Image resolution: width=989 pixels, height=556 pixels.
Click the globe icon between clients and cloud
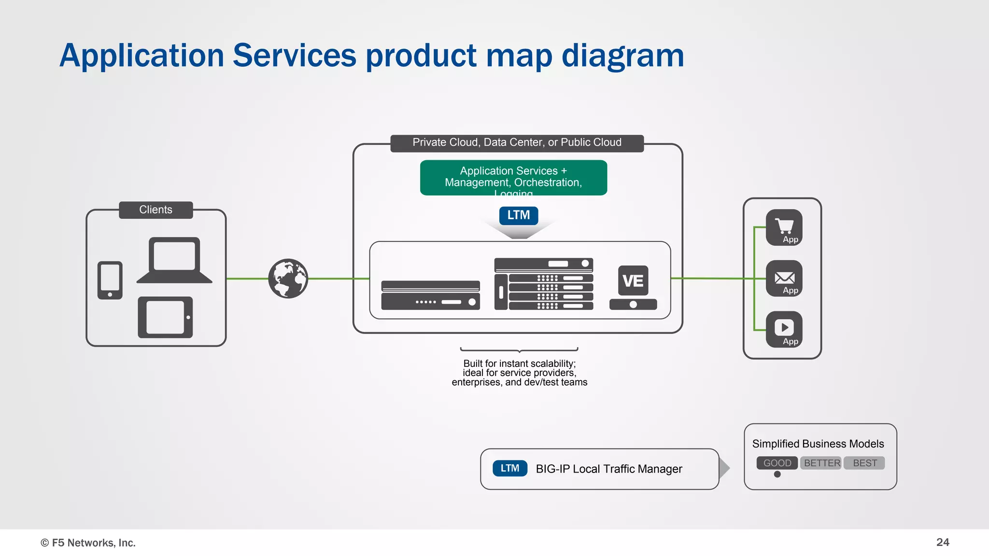pyautogui.click(x=288, y=278)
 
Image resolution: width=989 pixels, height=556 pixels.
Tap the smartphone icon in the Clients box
pyautogui.click(x=110, y=280)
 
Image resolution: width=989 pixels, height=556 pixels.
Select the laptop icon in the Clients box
pyautogui.click(x=174, y=260)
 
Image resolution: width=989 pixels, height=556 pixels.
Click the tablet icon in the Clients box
pyautogui.click(x=165, y=317)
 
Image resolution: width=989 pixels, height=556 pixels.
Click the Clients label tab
pyautogui.click(x=155, y=210)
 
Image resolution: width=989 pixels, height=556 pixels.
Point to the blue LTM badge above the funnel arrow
pyautogui.click(x=519, y=215)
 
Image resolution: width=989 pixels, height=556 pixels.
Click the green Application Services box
pyautogui.click(x=513, y=178)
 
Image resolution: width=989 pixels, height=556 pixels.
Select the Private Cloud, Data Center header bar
pyautogui.click(x=517, y=143)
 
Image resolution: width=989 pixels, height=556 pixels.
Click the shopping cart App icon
pyautogui.click(x=784, y=227)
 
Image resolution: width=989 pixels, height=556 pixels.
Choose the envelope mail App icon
pyautogui.click(x=784, y=278)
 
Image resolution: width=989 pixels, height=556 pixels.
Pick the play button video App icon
pyautogui.click(x=784, y=329)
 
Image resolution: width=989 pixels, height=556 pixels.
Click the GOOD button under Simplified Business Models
pyautogui.click(x=777, y=463)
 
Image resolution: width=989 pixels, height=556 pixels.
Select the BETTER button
pyautogui.click(x=821, y=463)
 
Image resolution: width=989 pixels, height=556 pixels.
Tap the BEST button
pyautogui.click(x=864, y=463)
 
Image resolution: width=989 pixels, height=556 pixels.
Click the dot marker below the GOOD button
pyautogui.click(x=777, y=474)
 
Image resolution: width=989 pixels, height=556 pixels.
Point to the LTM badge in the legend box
pyautogui.click(x=510, y=468)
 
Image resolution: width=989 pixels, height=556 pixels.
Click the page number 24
pyautogui.click(x=943, y=542)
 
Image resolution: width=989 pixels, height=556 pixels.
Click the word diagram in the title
pyautogui.click(x=622, y=56)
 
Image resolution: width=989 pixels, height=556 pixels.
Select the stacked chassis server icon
pyautogui.click(x=544, y=284)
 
